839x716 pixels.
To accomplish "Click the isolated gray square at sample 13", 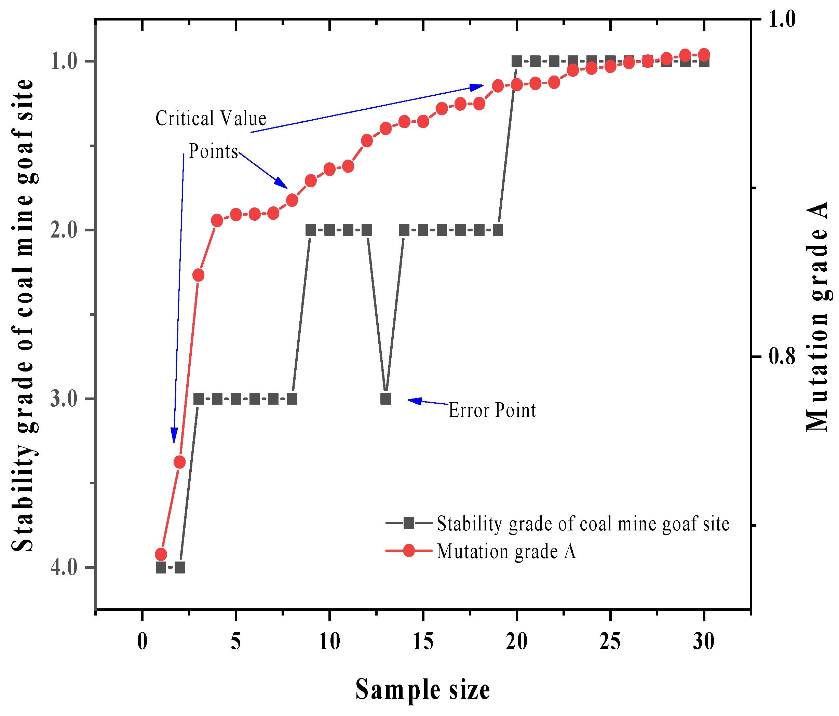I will coord(385,399).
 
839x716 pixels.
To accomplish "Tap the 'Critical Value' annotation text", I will coord(211,119).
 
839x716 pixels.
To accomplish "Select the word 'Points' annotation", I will coord(213,151).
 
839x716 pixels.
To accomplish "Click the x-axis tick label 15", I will coord(423,641).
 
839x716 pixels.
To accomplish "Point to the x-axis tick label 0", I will coord(142,641).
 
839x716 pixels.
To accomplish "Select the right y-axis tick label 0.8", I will coord(782,357).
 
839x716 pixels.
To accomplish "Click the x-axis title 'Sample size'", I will coord(423,690).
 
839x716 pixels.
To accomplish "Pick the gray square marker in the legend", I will coord(409,523).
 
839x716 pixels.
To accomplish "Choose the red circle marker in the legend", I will coord(409,551).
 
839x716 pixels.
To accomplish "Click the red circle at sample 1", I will coord(161,554).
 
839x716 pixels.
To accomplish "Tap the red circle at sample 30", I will coord(704,54).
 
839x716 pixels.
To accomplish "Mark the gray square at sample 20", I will coord(517,62).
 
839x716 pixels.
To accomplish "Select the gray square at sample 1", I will coord(161,567).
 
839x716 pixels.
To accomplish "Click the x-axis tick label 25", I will coord(610,641).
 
